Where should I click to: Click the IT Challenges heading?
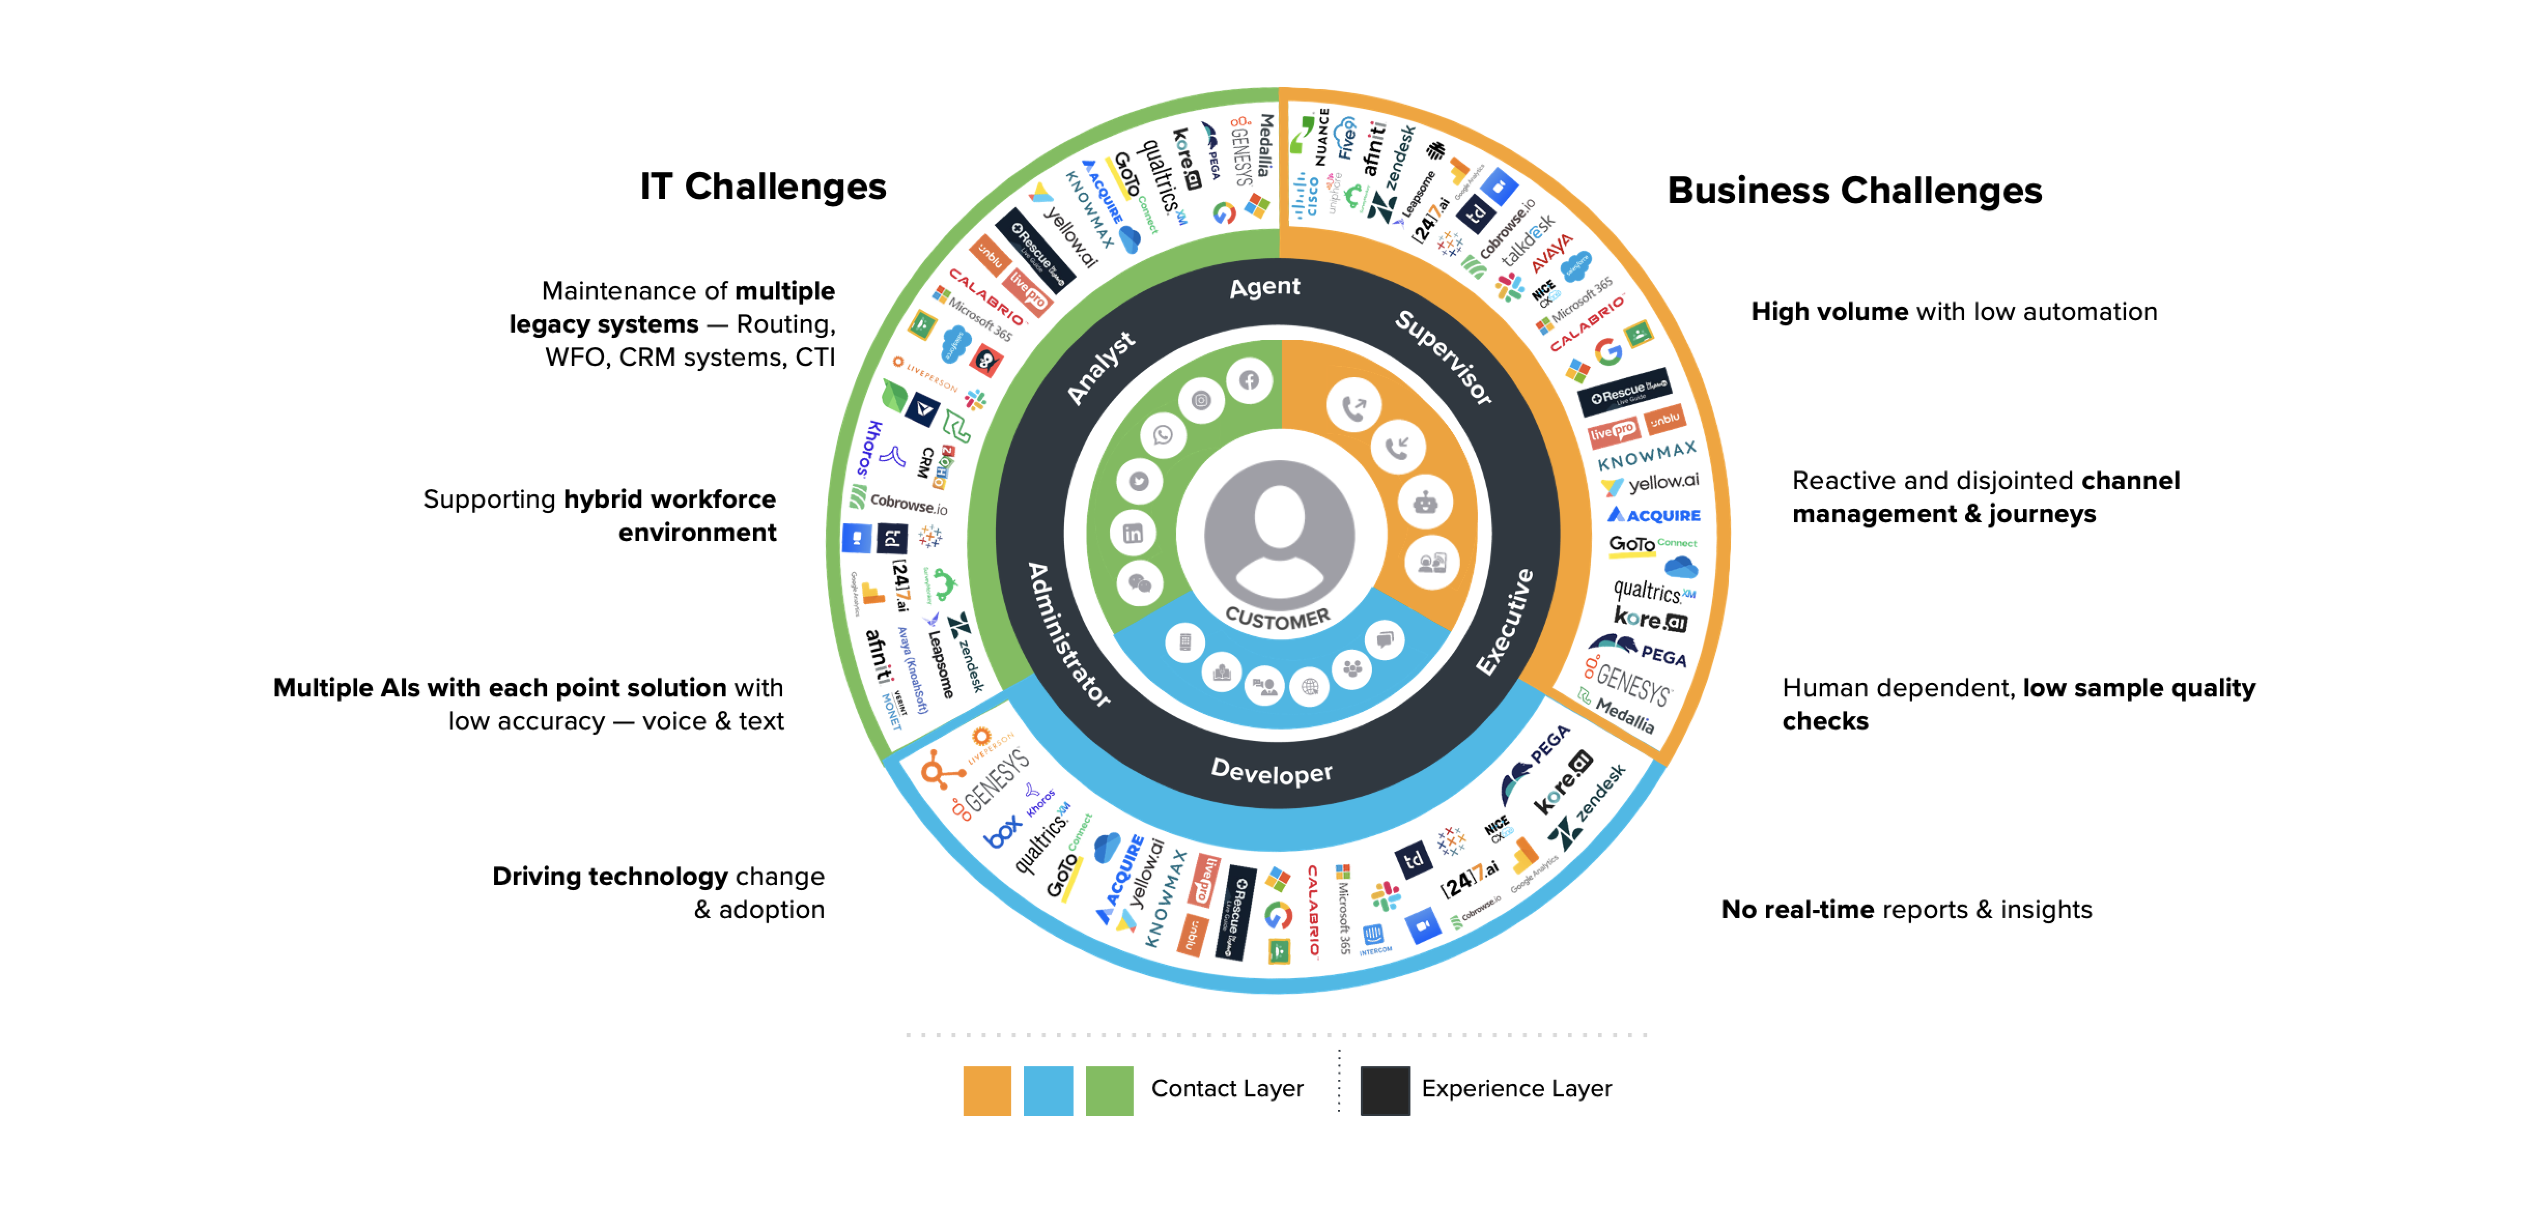point(763,187)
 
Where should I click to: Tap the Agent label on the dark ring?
point(1265,287)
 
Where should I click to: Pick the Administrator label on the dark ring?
point(1068,634)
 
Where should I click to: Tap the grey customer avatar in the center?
point(1279,533)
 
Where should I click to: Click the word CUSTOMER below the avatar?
point(1277,618)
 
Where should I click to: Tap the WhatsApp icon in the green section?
point(1163,435)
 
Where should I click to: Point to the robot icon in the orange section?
point(1424,503)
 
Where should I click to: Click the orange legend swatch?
point(986,1090)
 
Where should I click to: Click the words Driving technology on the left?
point(610,876)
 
